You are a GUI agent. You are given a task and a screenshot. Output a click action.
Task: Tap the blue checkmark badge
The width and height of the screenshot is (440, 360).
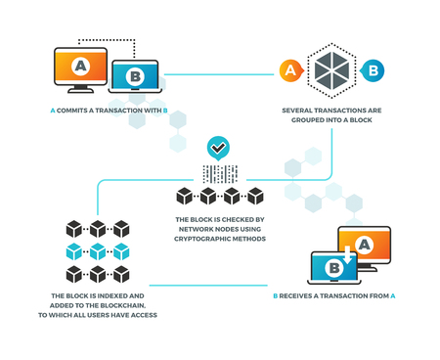click(219, 149)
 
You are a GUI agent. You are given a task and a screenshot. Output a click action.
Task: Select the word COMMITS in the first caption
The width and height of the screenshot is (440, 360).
click(76, 111)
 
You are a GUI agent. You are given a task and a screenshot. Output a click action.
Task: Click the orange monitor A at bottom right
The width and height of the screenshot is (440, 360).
click(365, 245)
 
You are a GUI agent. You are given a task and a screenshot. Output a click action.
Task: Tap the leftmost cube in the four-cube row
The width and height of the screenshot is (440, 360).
click(184, 196)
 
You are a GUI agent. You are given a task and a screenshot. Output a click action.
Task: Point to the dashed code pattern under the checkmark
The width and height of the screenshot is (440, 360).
click(219, 174)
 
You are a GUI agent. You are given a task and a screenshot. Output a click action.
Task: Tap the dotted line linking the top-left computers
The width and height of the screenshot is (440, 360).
click(108, 40)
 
